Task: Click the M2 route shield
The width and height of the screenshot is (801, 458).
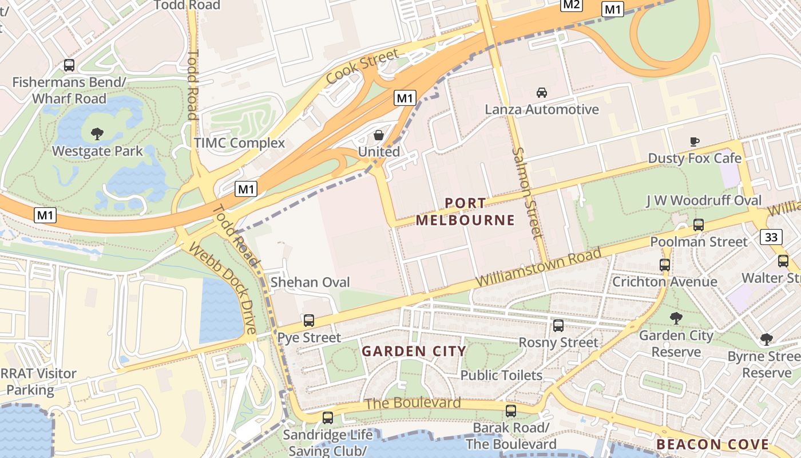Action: [x=571, y=5]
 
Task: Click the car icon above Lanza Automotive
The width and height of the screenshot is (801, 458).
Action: [x=541, y=92]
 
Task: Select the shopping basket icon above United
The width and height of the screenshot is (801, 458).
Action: [x=378, y=135]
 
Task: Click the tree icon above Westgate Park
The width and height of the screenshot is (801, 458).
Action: [x=97, y=134]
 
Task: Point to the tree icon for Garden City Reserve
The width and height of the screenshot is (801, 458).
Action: [x=676, y=318]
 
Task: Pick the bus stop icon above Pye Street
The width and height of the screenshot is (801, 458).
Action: [x=309, y=321]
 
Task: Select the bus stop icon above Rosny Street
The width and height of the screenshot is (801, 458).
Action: [x=558, y=326]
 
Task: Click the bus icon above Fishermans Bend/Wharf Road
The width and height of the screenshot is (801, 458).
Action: [x=69, y=65]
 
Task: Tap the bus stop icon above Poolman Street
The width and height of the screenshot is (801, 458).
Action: [x=698, y=225]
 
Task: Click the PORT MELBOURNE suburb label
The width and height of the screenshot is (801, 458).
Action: [x=465, y=212]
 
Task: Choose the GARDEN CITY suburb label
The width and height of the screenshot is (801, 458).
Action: [x=414, y=351]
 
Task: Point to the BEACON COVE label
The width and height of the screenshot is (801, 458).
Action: [x=712, y=444]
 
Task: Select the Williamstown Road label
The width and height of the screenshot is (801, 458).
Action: [x=538, y=268]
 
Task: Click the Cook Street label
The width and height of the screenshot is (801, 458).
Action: [x=362, y=67]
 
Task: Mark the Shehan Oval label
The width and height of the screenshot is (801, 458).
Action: [x=310, y=282]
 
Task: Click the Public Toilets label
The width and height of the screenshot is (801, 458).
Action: [x=501, y=375]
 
